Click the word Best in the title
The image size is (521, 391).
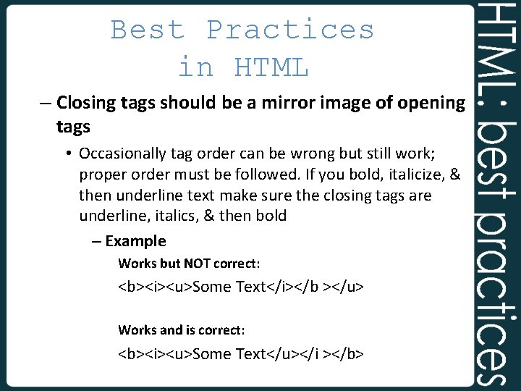point(148,30)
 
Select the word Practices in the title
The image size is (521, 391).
point(290,30)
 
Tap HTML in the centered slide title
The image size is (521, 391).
point(271,67)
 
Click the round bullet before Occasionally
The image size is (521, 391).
point(69,154)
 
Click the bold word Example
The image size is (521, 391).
point(135,241)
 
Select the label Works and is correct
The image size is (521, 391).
point(182,330)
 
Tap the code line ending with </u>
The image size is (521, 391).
point(241,287)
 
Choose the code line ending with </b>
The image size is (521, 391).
point(241,354)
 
